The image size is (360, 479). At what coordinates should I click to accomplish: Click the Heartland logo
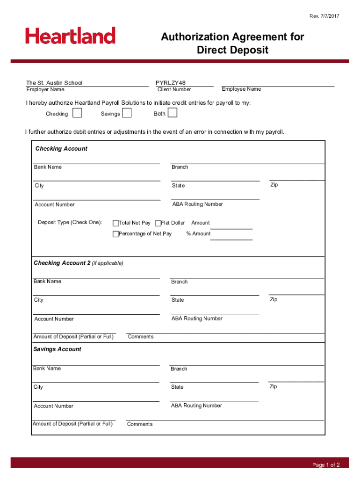tap(70, 36)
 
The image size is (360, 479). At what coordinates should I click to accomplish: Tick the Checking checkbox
tap(78, 113)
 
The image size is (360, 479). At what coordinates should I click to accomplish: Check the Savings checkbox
tap(127, 113)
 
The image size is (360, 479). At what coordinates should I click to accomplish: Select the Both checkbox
tap(173, 113)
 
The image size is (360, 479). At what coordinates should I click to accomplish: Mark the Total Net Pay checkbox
tap(115, 223)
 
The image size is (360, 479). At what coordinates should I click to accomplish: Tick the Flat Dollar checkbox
tap(158, 223)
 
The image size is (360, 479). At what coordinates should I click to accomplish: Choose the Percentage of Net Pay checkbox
tap(115, 234)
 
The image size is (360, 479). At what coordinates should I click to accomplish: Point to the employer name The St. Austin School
tap(54, 83)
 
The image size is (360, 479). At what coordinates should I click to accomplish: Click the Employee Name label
tap(241, 89)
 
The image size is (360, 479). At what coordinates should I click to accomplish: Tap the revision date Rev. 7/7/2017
tap(324, 16)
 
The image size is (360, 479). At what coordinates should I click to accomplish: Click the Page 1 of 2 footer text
tap(326, 465)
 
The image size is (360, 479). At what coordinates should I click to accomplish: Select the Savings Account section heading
tap(57, 349)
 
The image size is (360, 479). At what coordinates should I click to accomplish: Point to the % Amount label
tap(198, 234)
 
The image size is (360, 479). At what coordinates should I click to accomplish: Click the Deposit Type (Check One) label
tap(70, 223)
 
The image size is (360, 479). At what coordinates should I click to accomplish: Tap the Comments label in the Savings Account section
tap(140, 424)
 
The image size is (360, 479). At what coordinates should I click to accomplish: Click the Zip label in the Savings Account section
tap(274, 387)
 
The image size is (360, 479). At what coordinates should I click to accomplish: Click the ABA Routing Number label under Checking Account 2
tap(197, 319)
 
